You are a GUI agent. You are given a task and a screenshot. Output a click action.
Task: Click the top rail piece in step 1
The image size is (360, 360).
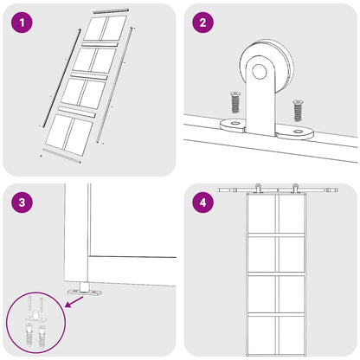click(111, 10)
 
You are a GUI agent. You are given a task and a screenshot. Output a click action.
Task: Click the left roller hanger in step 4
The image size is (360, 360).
click(257, 189)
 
